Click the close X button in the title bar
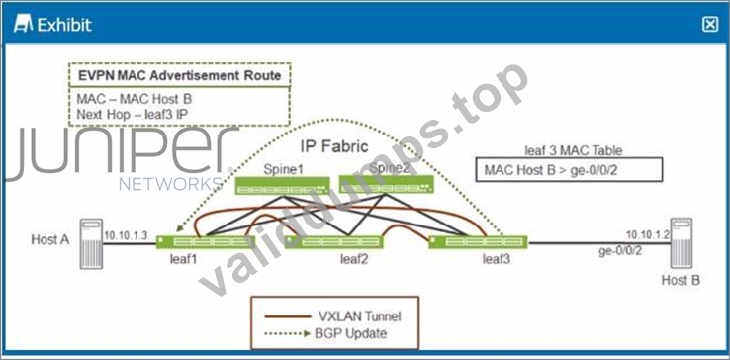(710, 24)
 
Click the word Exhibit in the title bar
(64, 25)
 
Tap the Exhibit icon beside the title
(24, 24)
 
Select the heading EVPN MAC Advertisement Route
(180, 75)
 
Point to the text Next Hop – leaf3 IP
(133, 114)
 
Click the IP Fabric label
(334, 146)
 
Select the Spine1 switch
(282, 186)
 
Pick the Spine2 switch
(387, 184)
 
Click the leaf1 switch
(206, 242)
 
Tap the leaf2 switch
(333, 242)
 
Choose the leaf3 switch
(478, 242)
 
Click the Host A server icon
(91, 243)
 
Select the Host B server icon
(681, 243)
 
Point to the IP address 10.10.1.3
(126, 235)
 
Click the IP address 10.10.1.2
(648, 234)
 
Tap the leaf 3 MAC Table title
(573, 150)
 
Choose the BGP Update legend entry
(325, 333)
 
